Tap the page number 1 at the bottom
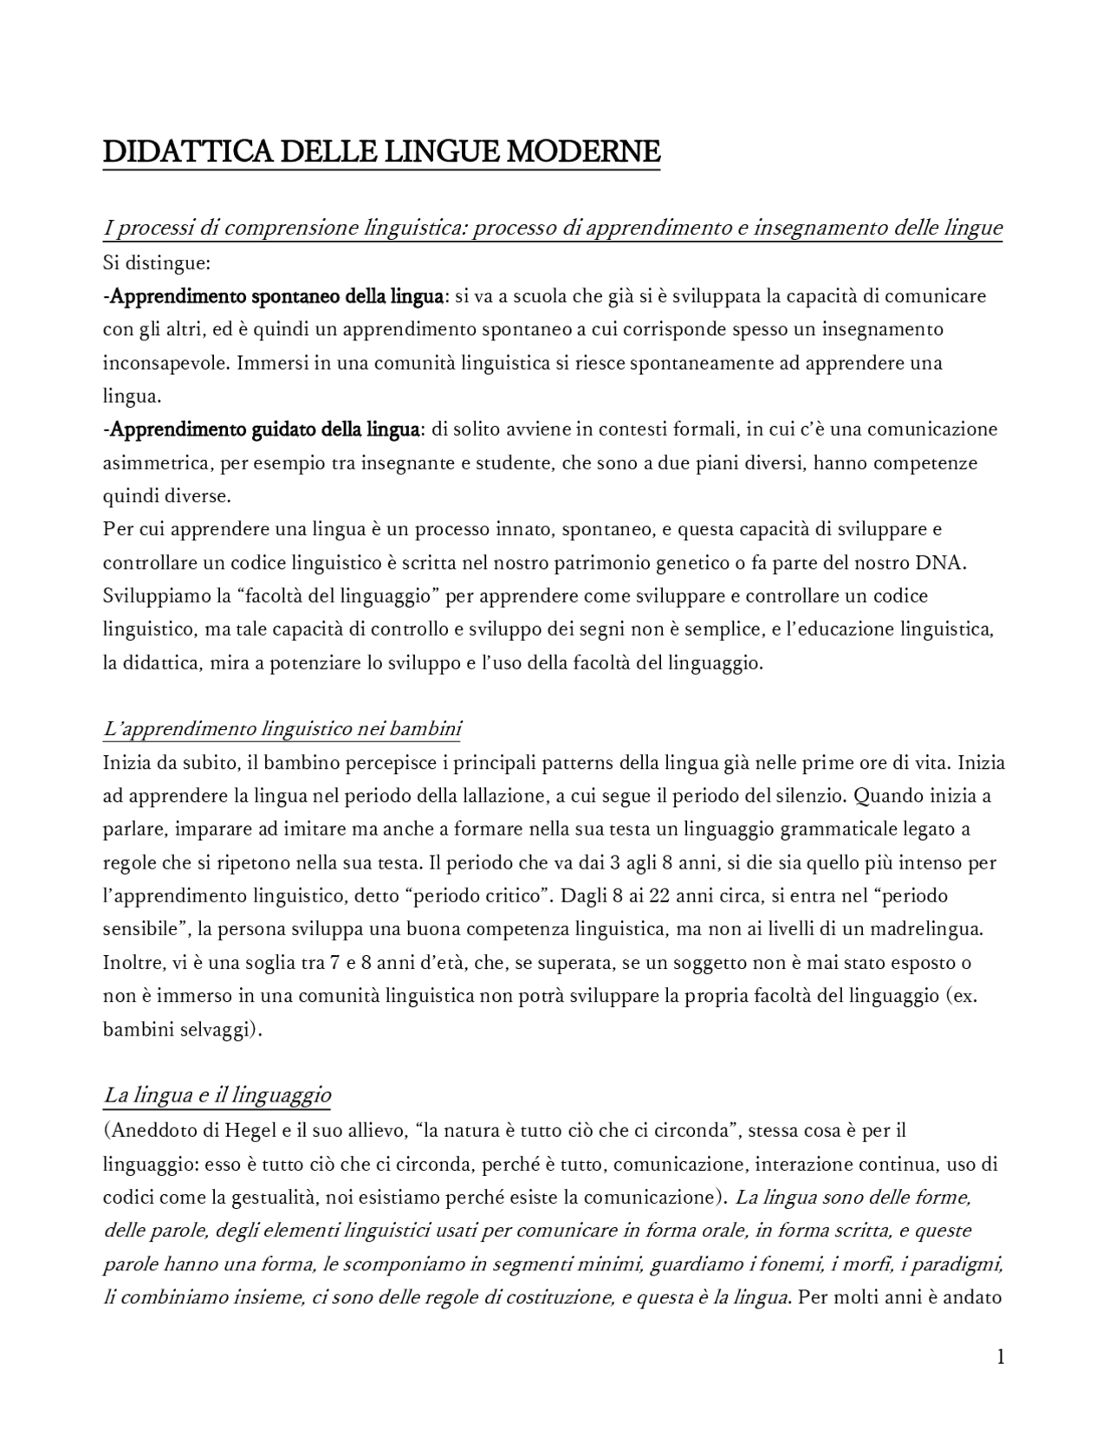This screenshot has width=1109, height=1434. pyautogui.click(x=1001, y=1357)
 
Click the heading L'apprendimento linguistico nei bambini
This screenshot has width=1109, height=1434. pyautogui.click(x=282, y=729)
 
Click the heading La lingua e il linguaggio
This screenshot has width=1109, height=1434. pyautogui.click(x=217, y=1095)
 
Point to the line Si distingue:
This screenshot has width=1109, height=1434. pyautogui.click(x=157, y=263)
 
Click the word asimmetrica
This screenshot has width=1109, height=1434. pyautogui.click(x=156, y=463)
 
